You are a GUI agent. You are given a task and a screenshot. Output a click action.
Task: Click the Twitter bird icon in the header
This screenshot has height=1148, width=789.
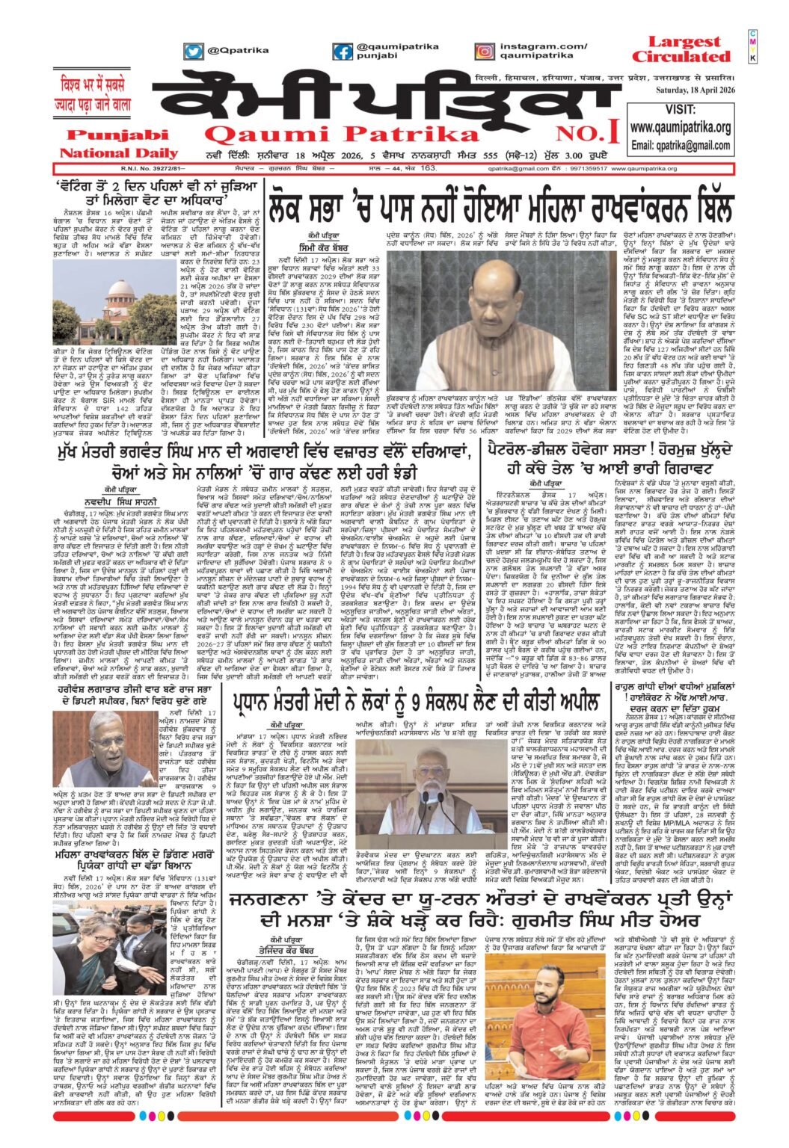pyautogui.click(x=194, y=51)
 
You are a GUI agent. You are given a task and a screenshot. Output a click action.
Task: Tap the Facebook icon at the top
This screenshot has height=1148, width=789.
pyautogui.click(x=343, y=52)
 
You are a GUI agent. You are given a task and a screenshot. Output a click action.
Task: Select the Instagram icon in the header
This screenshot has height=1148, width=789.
pyautogui.click(x=484, y=51)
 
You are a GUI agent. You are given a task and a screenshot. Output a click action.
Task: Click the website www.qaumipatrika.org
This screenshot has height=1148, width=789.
pyautogui.click(x=680, y=128)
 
